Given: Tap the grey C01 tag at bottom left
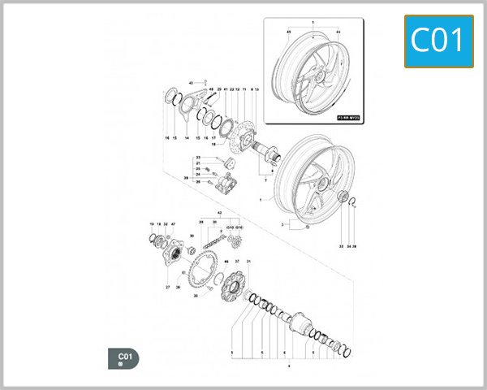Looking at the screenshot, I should pyautogui.click(x=123, y=358).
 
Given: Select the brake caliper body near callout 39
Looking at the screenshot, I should pyautogui.click(x=226, y=184).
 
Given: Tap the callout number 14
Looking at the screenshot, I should pyautogui.click(x=186, y=139).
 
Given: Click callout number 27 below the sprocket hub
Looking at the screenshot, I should pyautogui.click(x=167, y=287).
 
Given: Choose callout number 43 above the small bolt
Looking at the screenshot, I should pyautogui.click(x=192, y=84).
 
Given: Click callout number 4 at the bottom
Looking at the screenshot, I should pyautogui.click(x=290, y=367).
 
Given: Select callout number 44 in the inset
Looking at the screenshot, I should pyautogui.click(x=337, y=31).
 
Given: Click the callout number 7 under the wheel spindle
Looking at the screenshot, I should pyautogui.click(x=265, y=178).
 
